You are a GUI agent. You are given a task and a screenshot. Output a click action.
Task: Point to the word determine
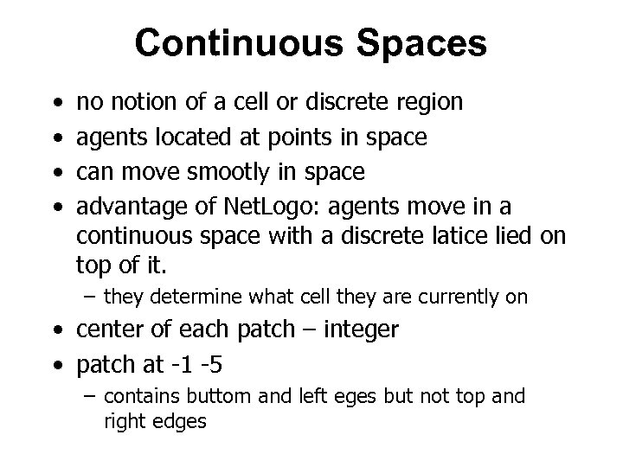186,297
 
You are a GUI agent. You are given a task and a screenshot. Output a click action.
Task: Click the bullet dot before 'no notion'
56,104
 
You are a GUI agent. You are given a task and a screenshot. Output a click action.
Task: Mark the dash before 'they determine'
91,297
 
